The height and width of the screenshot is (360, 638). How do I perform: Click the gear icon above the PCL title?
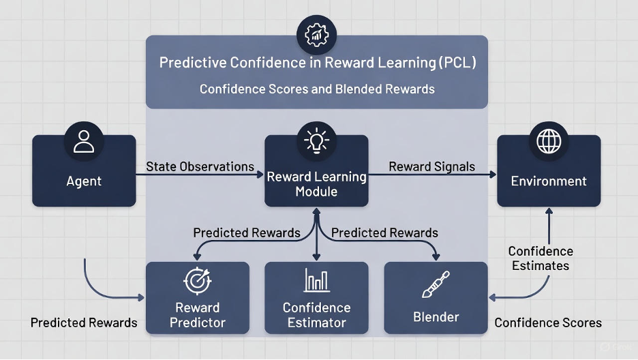pyautogui.click(x=316, y=35)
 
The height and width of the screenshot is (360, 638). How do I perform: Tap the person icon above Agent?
pyautogui.click(x=84, y=141)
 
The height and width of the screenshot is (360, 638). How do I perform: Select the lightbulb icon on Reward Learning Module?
pyautogui.click(x=316, y=140)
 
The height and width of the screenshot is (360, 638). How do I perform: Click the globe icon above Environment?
pyautogui.click(x=549, y=141)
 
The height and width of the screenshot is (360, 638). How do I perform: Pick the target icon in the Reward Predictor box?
pyautogui.click(x=198, y=280)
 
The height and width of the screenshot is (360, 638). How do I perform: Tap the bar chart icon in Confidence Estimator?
pyautogui.click(x=316, y=280)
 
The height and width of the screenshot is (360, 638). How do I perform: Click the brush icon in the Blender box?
pyautogui.click(x=436, y=284)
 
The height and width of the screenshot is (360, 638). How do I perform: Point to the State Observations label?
pyautogui.click(x=200, y=166)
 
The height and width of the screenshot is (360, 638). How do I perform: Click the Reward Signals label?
pyautogui.click(x=431, y=166)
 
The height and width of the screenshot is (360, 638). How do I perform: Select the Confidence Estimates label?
pyautogui.click(x=541, y=258)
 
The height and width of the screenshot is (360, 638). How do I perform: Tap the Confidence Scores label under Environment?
pyautogui.click(x=548, y=322)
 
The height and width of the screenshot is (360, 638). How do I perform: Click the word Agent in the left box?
pyautogui.click(x=84, y=181)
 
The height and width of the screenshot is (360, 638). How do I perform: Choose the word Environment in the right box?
pyautogui.click(x=549, y=181)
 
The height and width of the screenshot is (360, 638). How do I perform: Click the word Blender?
pyautogui.click(x=436, y=317)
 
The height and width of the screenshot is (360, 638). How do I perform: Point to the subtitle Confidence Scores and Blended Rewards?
pyautogui.click(x=317, y=89)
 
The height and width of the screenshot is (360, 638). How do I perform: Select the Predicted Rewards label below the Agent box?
pyautogui.click(x=84, y=322)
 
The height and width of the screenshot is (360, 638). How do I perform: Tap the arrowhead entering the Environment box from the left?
pyautogui.click(x=493, y=175)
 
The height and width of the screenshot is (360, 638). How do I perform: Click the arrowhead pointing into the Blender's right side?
pyautogui.click(x=492, y=298)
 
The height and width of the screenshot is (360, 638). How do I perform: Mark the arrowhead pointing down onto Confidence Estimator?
pyautogui.click(x=316, y=257)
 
